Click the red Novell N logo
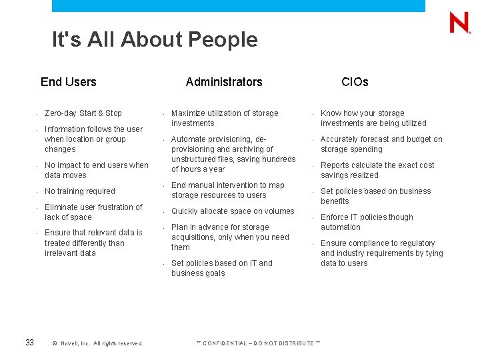coord(459,23)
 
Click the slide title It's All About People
coord(155,40)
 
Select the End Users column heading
coord(69,82)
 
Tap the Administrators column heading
coord(224,82)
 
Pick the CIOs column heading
coord(355,82)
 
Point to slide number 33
coord(29,343)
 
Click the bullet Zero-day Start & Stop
coord(83,113)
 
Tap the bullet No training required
coord(80,191)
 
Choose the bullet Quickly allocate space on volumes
coord(233,211)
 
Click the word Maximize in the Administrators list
coord(189,113)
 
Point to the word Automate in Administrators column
coord(189,139)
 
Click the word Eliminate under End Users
coord(61,207)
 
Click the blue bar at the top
coord(238,5)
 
